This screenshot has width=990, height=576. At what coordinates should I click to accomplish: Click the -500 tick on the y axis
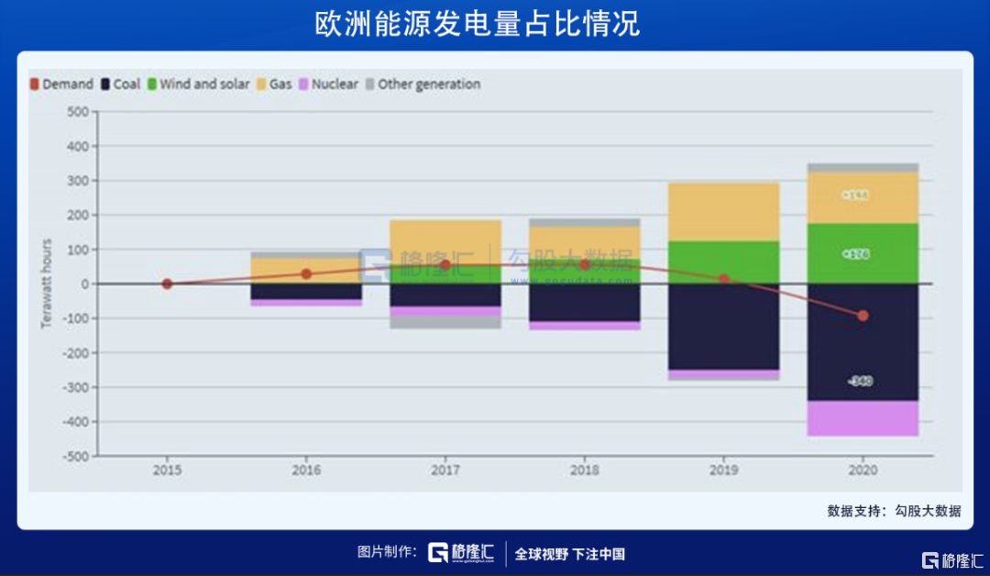(x=74, y=456)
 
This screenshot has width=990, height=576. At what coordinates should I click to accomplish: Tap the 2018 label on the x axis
(x=584, y=470)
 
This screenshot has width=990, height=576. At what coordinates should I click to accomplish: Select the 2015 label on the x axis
(x=167, y=470)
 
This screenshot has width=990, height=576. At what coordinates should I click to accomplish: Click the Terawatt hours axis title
(x=46, y=284)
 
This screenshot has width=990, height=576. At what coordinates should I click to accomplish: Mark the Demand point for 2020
(x=863, y=316)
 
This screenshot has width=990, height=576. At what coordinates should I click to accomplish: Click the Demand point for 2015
(x=167, y=284)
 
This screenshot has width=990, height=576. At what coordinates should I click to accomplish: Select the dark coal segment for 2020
(x=863, y=349)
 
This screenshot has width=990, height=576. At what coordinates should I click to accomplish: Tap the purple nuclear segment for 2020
(x=863, y=418)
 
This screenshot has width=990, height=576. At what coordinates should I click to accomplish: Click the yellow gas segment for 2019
(x=723, y=212)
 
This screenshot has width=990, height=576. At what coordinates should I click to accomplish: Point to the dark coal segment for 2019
(x=723, y=327)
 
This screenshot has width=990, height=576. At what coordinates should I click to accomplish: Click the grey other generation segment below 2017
(x=445, y=322)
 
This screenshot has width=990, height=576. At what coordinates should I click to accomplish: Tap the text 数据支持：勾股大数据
(x=894, y=511)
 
